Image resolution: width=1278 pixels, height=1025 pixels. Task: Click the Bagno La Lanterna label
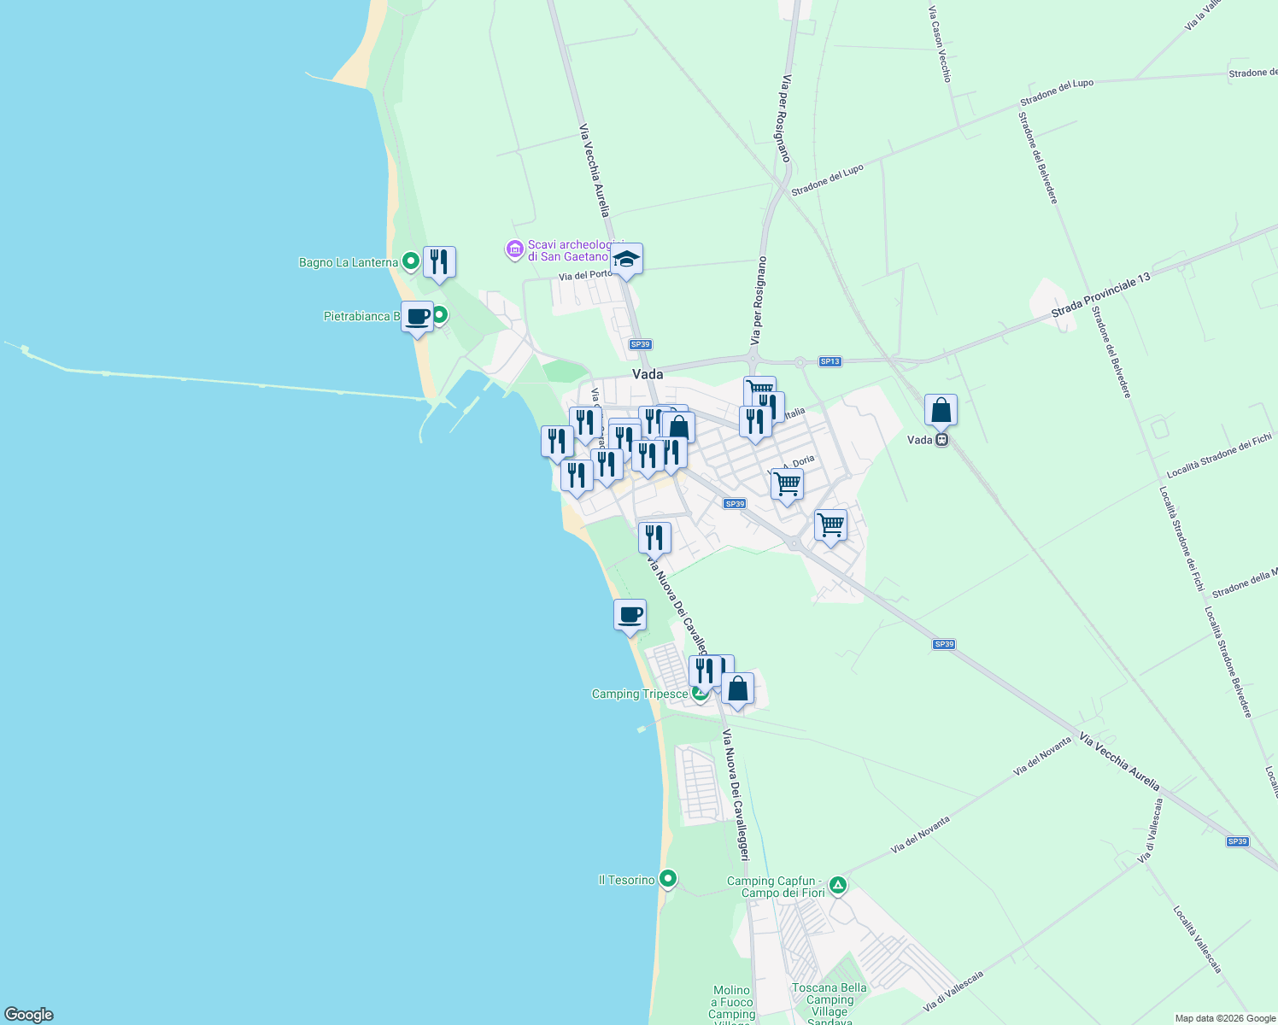click(348, 262)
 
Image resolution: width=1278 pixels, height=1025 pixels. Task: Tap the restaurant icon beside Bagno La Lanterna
click(439, 261)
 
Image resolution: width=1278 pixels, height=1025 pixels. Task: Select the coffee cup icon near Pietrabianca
click(418, 316)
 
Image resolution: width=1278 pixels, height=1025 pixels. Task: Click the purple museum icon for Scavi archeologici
click(514, 249)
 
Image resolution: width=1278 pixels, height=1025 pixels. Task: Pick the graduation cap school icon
click(626, 259)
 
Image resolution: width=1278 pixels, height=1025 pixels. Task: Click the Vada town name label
click(648, 374)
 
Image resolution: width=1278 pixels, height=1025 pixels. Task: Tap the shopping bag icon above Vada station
click(941, 410)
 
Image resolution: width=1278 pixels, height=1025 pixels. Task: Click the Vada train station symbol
click(941, 440)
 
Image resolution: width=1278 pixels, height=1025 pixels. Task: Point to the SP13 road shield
click(830, 361)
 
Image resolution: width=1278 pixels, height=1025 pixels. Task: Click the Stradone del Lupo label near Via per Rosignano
click(827, 180)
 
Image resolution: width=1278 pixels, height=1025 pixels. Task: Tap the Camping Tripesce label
click(639, 694)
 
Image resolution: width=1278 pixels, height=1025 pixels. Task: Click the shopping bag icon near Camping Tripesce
click(737, 688)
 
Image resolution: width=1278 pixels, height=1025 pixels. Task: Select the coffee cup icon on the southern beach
click(630, 615)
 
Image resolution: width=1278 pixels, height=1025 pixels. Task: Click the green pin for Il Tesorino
click(668, 878)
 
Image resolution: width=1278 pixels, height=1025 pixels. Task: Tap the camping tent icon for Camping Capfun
click(838, 885)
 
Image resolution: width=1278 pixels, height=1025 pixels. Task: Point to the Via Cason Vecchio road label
click(940, 44)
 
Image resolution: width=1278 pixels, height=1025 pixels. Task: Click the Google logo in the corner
click(28, 1015)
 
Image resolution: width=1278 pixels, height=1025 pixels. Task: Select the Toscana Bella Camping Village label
click(829, 999)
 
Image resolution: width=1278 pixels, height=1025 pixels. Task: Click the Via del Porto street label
click(585, 275)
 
